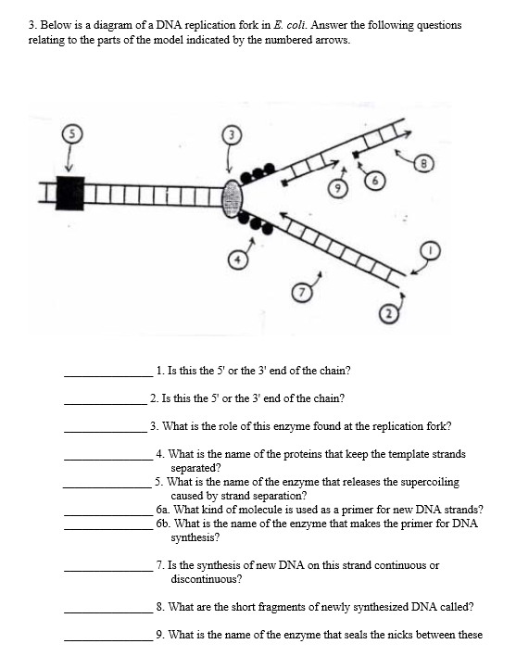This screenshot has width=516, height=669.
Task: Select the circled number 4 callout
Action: [x=238, y=260]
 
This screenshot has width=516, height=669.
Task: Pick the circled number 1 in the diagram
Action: [x=430, y=249]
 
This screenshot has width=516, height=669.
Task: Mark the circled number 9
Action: [x=337, y=188]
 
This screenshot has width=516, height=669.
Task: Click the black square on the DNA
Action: [x=69, y=193]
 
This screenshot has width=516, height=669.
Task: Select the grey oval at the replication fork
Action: [x=233, y=197]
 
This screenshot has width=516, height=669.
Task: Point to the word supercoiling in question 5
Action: [x=432, y=483]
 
